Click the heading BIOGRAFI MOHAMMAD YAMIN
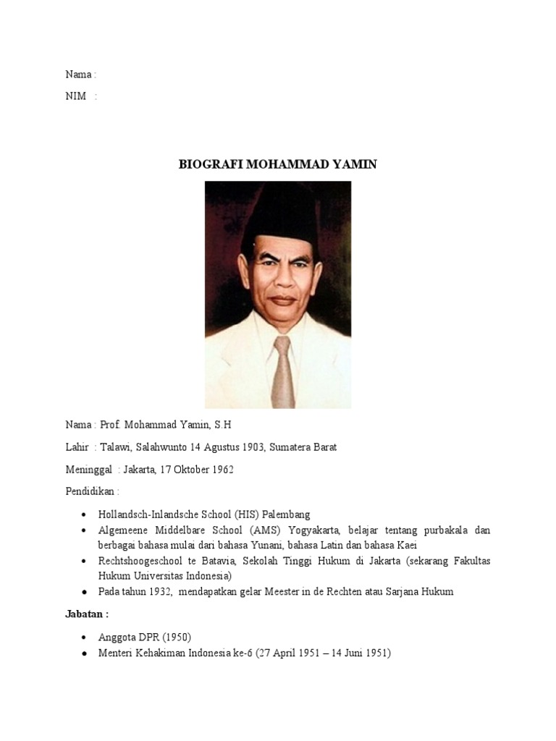(x=277, y=164)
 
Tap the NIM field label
(x=76, y=97)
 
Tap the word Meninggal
(x=88, y=470)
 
